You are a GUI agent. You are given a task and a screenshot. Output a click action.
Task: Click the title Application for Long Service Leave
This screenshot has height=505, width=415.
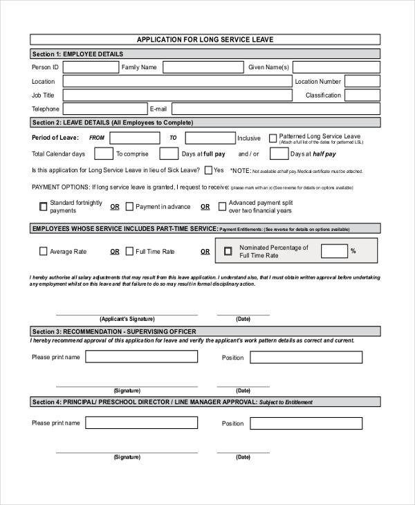(205, 39)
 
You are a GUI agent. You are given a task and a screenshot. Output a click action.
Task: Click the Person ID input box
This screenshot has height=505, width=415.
(91, 67)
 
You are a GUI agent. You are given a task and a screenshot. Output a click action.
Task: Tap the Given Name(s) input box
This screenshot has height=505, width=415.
(336, 67)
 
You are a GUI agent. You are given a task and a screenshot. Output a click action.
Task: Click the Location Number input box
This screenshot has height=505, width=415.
(362, 81)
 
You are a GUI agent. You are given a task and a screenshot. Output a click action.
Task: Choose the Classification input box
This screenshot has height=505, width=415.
(362, 95)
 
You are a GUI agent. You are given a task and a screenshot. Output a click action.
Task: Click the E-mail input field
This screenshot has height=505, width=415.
(275, 109)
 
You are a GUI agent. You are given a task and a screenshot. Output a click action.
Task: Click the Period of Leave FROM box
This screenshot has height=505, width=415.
(135, 138)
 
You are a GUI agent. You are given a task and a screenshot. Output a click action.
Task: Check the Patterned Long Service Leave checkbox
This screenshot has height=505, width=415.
(273, 138)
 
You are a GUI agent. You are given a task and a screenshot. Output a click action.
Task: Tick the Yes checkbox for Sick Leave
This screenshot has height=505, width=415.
(207, 170)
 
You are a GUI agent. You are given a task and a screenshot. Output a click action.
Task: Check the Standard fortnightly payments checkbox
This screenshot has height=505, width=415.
(44, 205)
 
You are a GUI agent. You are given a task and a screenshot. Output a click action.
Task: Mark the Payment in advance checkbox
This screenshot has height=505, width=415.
(129, 206)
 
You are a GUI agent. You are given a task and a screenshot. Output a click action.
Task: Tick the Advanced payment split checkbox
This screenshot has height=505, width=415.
(222, 205)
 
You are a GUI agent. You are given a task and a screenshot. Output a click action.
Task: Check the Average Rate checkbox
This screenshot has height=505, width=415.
(44, 252)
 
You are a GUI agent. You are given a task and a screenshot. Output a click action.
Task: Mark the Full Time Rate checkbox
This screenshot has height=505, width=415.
(129, 252)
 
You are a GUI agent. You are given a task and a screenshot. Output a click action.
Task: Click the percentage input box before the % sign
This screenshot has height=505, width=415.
(334, 250)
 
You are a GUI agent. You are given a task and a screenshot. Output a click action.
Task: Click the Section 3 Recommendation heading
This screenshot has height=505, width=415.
(114, 331)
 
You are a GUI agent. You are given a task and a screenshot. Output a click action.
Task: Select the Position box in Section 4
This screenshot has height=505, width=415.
(306, 423)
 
